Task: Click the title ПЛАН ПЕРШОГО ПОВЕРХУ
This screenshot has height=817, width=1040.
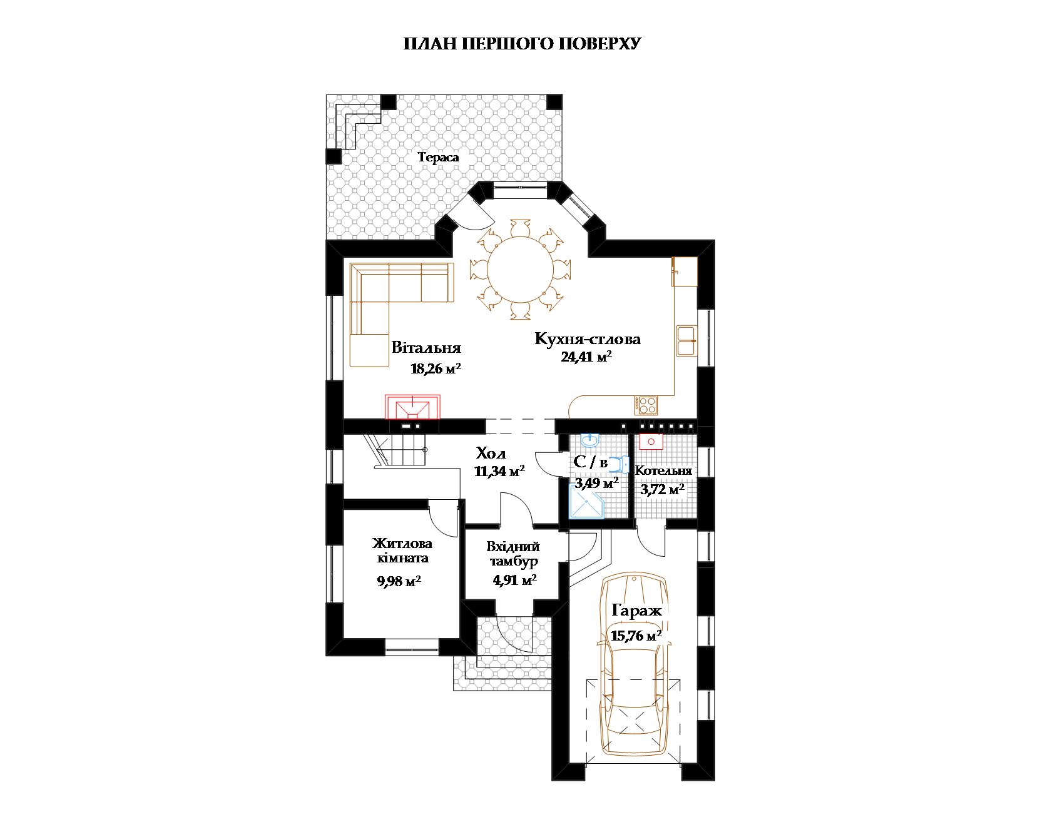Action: [522, 44]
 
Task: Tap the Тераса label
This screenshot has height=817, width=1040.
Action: [439, 158]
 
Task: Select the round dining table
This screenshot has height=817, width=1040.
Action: [520, 270]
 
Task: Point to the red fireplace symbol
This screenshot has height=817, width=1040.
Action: [412, 407]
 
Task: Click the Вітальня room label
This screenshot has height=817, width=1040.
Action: [426, 347]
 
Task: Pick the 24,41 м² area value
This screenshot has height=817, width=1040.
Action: [587, 357]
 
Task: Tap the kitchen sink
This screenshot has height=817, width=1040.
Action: [687, 341]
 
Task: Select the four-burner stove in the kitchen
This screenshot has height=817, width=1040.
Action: [646, 405]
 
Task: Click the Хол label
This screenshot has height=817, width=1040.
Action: [491, 453]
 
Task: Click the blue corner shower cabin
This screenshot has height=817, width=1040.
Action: [587, 502]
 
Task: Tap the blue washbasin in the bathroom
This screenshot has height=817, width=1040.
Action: [589, 440]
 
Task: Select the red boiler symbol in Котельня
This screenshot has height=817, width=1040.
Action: [651, 442]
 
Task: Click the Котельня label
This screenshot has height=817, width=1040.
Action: [663, 470]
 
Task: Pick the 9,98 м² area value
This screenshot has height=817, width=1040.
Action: [399, 581]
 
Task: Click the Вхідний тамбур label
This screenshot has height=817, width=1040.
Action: [514, 554]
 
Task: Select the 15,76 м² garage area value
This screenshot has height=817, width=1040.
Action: [636, 636]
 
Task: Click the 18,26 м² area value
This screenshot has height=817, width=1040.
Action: [436, 369]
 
